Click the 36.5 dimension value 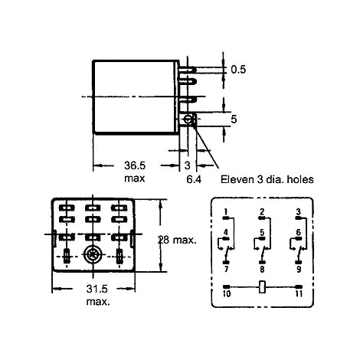coord(135,165)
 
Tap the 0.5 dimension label coord(238,70)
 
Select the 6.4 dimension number coord(194,179)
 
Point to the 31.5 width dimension coord(97,289)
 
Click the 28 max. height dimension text coord(177,240)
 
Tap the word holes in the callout coord(300,179)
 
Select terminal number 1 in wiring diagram coord(226,212)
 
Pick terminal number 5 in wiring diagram coord(262,233)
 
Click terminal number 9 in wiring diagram coord(299,269)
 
